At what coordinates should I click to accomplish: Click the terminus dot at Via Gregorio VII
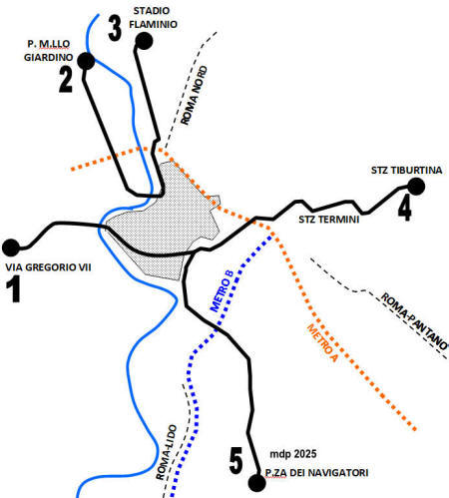(x=11, y=248)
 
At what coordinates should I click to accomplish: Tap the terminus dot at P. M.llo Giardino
(x=86, y=61)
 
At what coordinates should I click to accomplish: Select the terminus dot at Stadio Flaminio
(x=144, y=41)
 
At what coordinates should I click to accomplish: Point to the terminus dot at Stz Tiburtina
(x=416, y=187)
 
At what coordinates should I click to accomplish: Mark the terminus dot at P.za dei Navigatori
(x=257, y=483)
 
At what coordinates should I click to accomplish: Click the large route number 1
(x=14, y=289)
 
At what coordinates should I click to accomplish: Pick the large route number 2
(x=66, y=80)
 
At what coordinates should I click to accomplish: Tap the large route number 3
(x=115, y=29)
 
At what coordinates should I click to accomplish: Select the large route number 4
(x=405, y=209)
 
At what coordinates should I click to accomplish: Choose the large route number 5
(x=236, y=461)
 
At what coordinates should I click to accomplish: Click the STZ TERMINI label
(x=329, y=220)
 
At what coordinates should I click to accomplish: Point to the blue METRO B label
(x=222, y=291)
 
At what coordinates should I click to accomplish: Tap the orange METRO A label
(x=322, y=342)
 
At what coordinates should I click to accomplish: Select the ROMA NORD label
(x=194, y=96)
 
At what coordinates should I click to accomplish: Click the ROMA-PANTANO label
(x=414, y=321)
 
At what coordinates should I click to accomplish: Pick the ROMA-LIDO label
(x=166, y=452)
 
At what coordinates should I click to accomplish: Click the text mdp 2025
(x=293, y=454)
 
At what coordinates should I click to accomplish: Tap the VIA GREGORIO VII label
(x=48, y=267)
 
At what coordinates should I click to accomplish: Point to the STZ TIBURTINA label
(x=407, y=171)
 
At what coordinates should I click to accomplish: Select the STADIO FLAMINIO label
(x=153, y=18)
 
